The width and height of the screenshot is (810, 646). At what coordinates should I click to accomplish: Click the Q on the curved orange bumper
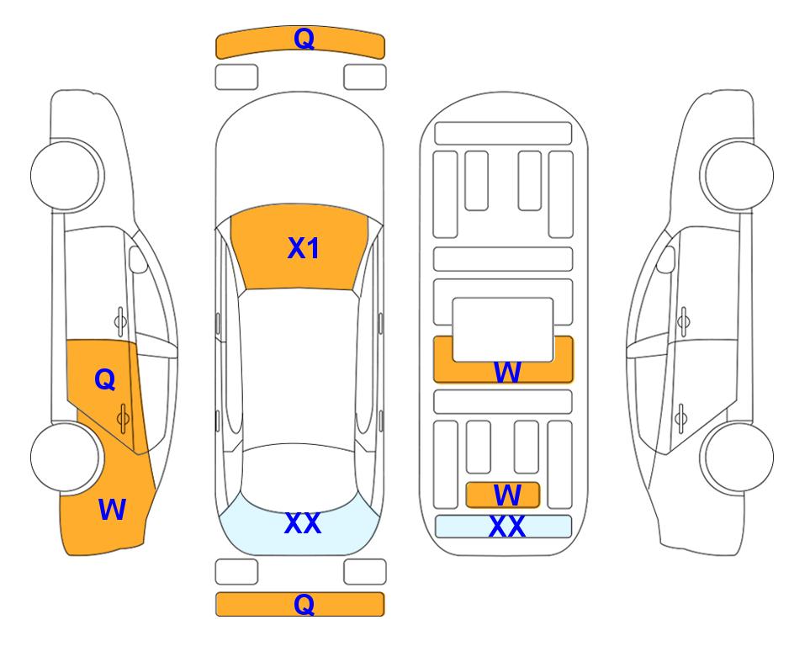point(304,39)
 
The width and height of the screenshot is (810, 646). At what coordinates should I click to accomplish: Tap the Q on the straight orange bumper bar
point(304,604)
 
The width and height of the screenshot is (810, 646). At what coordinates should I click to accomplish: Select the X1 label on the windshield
point(304,248)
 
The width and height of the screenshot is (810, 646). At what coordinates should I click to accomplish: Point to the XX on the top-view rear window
point(303,523)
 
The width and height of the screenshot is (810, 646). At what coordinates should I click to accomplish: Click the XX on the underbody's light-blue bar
point(506,527)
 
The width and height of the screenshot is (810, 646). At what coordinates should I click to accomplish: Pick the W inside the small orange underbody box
point(506,495)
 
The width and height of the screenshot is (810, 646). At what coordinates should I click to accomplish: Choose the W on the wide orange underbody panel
point(506,372)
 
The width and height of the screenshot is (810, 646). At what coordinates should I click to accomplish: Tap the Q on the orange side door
point(105,380)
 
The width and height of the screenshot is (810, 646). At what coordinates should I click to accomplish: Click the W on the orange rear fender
point(112,510)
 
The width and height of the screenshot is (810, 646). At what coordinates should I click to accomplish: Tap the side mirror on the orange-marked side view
point(137,259)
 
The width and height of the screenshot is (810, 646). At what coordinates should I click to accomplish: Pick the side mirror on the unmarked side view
point(666,259)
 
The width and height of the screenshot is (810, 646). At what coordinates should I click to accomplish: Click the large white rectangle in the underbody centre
point(503,330)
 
